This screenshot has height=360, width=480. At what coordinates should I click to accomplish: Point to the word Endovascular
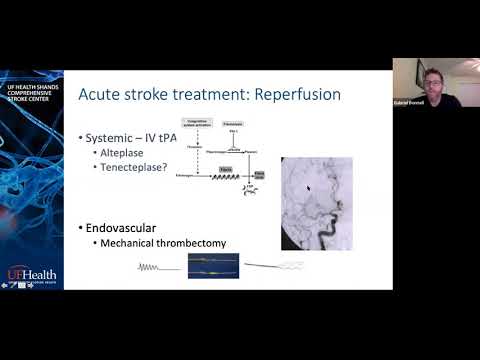pos(121,228)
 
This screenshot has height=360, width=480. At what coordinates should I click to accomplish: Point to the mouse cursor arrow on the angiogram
pos(308,187)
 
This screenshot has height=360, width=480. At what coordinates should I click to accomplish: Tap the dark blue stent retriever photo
pos(213,265)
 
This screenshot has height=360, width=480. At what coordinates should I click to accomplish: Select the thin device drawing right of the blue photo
pos(276,266)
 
